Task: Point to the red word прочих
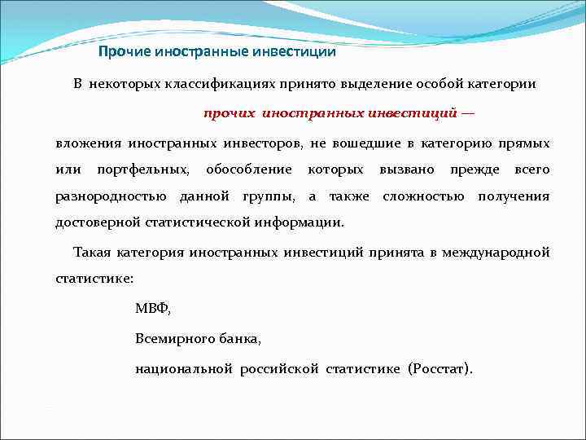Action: click(x=230, y=114)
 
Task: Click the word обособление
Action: click(x=248, y=169)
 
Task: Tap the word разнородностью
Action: click(x=111, y=196)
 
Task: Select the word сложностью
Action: click(x=423, y=196)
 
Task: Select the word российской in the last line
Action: click(x=278, y=369)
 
